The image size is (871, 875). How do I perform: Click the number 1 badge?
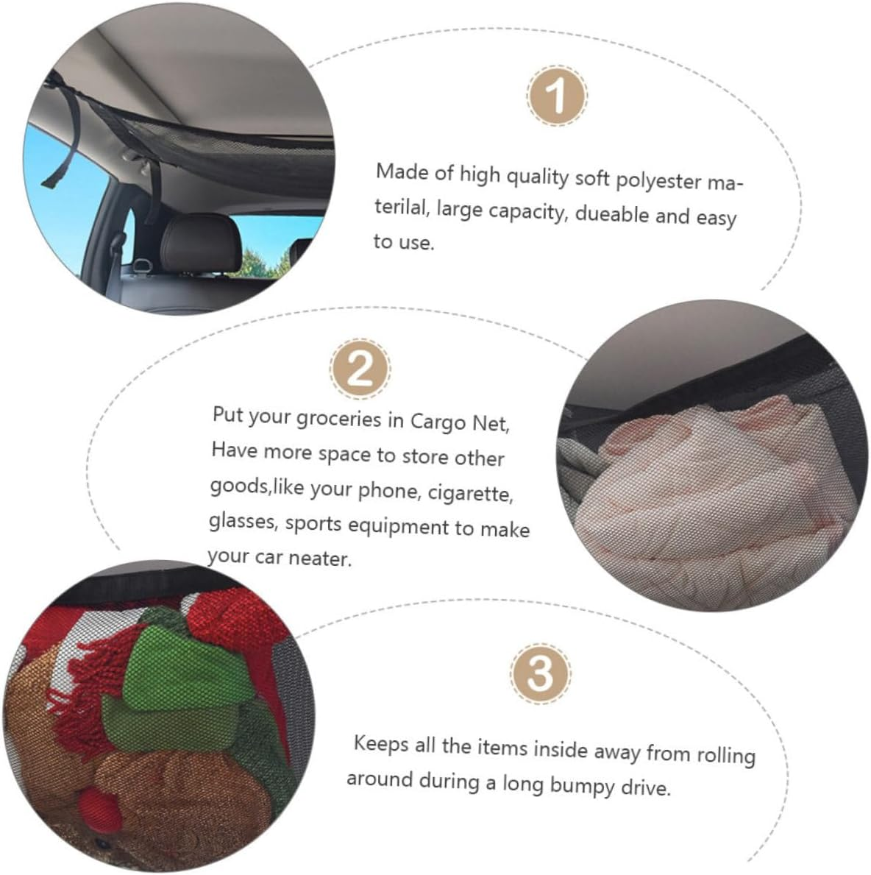click(557, 95)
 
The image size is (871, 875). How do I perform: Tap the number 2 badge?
click(360, 369)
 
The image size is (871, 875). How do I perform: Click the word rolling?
click(726, 755)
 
